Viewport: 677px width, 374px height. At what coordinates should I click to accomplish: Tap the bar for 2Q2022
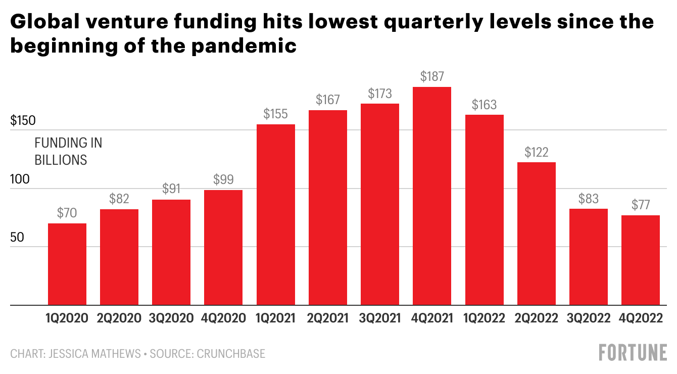(x=537, y=233)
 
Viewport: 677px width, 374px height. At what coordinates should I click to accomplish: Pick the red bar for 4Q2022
(x=641, y=260)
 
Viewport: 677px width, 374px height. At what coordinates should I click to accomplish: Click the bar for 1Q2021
(x=276, y=215)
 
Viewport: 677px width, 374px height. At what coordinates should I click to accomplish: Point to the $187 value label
(x=432, y=77)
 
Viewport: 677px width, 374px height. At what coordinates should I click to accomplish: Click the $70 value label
(x=67, y=213)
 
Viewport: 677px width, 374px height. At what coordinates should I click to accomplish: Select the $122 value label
(x=537, y=152)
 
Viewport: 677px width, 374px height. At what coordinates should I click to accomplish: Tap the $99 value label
(x=223, y=179)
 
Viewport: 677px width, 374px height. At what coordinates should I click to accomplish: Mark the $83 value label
(x=589, y=199)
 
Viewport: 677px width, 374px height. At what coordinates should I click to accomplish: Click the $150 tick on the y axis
(x=23, y=121)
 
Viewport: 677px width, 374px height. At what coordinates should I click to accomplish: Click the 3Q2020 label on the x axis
(x=171, y=318)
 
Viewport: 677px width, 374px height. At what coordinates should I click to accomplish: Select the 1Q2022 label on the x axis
(x=485, y=318)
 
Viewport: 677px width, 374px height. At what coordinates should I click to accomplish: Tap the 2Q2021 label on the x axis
(x=328, y=318)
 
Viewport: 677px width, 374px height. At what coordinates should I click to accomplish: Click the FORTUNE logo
(x=633, y=352)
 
